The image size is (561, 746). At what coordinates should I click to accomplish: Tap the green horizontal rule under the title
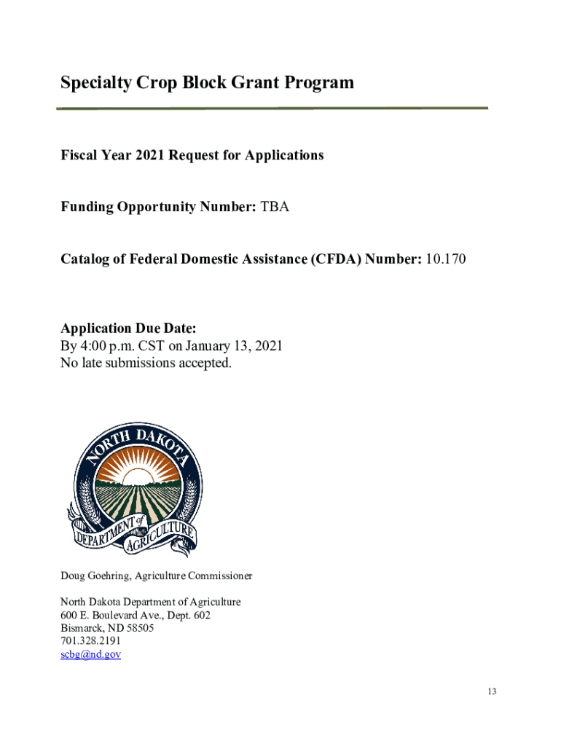(x=272, y=109)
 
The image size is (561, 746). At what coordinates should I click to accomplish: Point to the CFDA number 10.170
(x=445, y=259)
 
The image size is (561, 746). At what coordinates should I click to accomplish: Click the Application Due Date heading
(x=129, y=328)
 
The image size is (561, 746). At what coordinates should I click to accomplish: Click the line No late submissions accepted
(x=146, y=363)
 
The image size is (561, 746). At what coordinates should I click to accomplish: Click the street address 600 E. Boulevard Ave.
(x=117, y=616)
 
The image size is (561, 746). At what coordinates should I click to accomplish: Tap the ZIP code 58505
(x=139, y=628)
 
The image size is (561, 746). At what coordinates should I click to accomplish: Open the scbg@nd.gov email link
(x=90, y=654)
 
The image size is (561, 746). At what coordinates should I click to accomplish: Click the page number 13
(x=493, y=691)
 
